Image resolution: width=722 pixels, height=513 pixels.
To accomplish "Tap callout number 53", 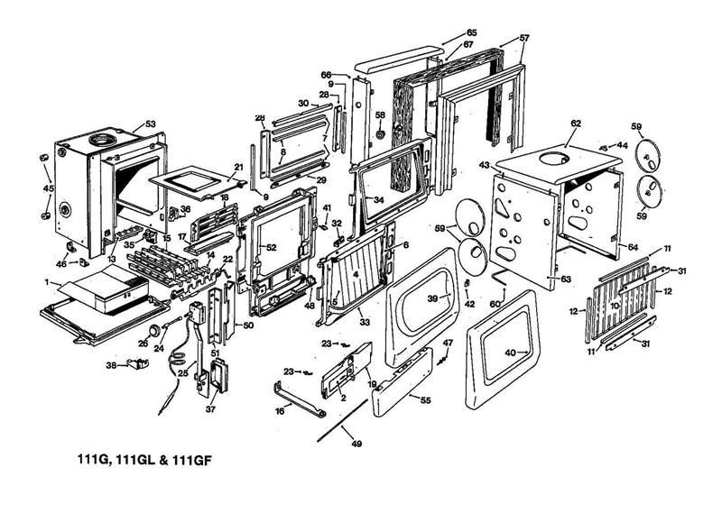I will click(x=151, y=124).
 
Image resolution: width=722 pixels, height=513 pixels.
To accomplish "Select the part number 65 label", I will click(x=471, y=33).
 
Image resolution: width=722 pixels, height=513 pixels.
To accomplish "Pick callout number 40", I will click(x=512, y=353).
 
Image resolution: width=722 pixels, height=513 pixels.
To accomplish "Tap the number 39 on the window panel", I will click(x=432, y=298).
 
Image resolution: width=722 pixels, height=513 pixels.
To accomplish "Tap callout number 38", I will click(x=112, y=365).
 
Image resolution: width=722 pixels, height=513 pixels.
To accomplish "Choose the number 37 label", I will click(x=211, y=408).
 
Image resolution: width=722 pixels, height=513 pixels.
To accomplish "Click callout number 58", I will click(x=380, y=115).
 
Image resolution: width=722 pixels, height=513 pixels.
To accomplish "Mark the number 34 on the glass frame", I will click(x=378, y=199).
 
